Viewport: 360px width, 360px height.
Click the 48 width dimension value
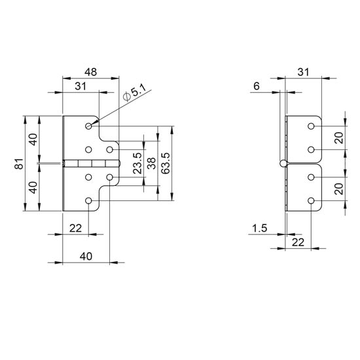(91, 72)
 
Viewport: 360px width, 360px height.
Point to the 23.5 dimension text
(137, 163)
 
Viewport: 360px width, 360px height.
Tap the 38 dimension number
(152, 163)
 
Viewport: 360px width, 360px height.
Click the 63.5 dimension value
(166, 163)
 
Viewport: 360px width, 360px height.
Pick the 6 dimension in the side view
(257, 86)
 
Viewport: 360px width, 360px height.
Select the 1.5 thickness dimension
(260, 228)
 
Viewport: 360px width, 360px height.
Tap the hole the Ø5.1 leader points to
(88, 126)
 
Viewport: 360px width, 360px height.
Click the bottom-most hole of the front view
(88, 201)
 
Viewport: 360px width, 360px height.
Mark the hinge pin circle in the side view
(283, 163)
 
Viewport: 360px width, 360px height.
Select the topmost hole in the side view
(311, 126)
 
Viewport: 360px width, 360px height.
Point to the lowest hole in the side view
(311, 201)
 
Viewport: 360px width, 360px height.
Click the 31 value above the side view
(304, 72)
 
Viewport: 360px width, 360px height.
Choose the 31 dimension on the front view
(81, 86)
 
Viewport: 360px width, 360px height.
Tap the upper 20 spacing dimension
(339, 137)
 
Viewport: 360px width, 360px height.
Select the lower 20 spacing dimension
(339, 189)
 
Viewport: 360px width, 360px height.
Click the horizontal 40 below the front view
(86, 256)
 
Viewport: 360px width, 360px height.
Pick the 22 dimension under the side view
(298, 242)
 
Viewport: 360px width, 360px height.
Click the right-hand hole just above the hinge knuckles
(110, 150)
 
